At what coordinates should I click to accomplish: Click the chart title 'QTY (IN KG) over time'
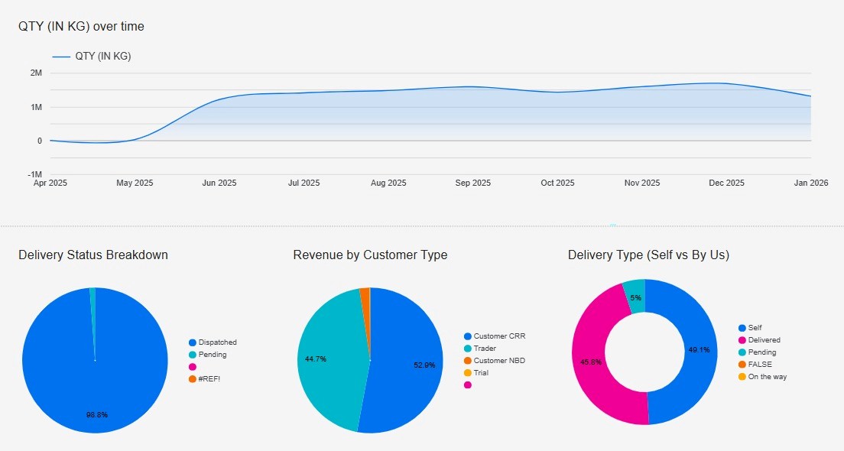coord(81,27)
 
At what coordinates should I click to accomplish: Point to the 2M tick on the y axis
coord(36,73)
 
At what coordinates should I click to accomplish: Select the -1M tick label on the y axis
coord(34,174)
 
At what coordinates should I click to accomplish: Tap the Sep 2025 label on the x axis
coord(472,183)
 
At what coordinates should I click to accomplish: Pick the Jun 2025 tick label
coord(219,183)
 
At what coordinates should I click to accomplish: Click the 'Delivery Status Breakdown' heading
coord(93,255)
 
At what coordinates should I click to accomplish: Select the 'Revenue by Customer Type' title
coord(370,255)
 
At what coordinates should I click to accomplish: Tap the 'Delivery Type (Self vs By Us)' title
coord(648,255)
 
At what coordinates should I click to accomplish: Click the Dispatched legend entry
coord(217,342)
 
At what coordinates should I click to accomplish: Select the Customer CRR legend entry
coord(499,336)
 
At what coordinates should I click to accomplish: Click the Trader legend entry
coord(485,349)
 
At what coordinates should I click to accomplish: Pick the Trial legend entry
coord(480,373)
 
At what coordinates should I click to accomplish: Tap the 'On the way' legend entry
coord(767,377)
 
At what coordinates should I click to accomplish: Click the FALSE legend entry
coord(761,365)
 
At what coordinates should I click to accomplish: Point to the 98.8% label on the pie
coord(96,415)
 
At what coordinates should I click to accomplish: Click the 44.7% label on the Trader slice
coord(316,359)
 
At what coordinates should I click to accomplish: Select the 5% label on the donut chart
coord(635,297)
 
